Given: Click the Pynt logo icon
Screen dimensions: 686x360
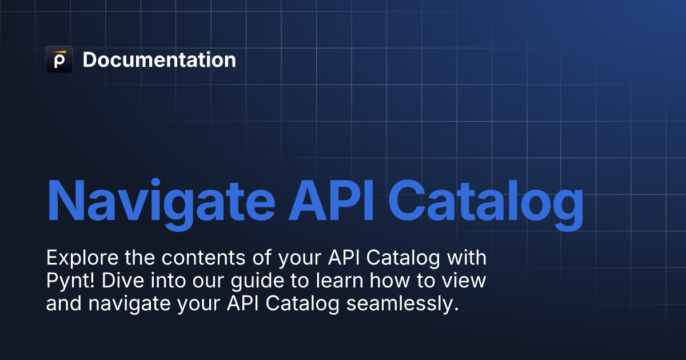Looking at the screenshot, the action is (59, 59).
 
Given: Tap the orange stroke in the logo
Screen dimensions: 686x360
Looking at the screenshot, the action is (59, 52).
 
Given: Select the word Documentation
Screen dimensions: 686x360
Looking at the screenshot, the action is (159, 59).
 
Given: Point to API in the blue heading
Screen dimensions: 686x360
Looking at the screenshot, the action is (332, 200).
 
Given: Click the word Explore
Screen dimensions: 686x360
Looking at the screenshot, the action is (82, 258).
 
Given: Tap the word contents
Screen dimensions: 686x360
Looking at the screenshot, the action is (204, 258).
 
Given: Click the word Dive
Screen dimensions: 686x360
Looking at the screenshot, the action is (123, 281).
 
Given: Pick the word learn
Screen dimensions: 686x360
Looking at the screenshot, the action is (340, 281).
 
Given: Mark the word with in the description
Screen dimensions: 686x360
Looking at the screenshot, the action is (466, 258).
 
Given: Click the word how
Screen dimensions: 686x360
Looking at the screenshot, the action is (389, 281).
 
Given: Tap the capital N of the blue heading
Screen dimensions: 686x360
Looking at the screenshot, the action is (66, 200).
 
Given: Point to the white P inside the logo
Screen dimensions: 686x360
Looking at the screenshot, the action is (59, 61).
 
